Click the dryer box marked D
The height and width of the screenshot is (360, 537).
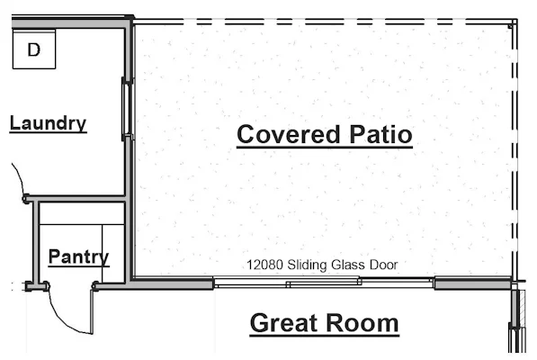click(34, 49)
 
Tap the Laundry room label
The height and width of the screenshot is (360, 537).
click(48, 123)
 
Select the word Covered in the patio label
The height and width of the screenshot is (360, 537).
click(289, 134)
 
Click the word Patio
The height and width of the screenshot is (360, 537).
click(380, 134)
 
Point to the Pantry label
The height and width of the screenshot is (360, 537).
click(79, 256)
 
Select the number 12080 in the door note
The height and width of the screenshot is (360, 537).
click(264, 265)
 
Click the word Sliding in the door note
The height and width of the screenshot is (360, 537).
click(308, 265)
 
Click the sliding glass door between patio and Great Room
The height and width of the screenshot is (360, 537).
click(324, 283)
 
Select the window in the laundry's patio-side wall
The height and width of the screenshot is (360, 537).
click(127, 109)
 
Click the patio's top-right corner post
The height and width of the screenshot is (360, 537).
click(511, 25)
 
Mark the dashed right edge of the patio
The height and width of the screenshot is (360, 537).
click(515, 150)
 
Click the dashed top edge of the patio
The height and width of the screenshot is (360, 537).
click(325, 22)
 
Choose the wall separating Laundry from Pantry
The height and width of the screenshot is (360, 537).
click(76, 198)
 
